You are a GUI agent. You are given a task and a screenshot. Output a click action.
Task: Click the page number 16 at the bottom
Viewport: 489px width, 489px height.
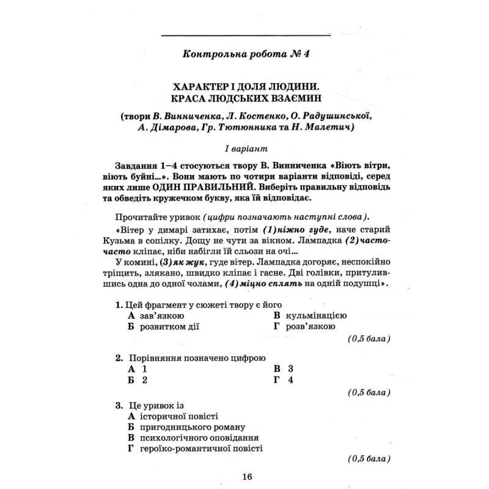pyautogui.click(x=246, y=477)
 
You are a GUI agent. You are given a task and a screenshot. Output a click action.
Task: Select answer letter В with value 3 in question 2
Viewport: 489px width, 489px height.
pyautogui.click(x=284, y=369)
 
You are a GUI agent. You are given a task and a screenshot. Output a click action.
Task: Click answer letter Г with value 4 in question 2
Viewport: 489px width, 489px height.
pyautogui.click(x=284, y=380)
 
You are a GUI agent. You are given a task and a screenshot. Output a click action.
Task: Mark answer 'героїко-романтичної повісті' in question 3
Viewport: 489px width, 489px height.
pyautogui.click(x=201, y=449)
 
